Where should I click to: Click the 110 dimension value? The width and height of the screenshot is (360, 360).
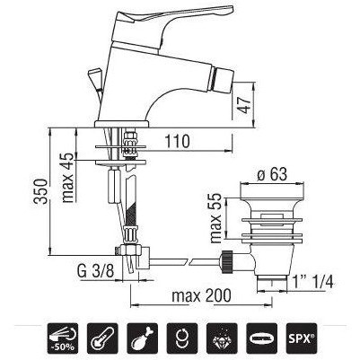coord(178,141)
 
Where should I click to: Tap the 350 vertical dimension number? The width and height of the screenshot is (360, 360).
coord(40,191)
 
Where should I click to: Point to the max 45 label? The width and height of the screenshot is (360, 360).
coord(68,178)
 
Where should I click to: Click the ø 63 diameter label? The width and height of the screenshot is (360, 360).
coord(272,174)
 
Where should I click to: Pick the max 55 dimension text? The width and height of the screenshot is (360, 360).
coord(215,218)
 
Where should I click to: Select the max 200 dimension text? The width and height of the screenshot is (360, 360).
coord(201,295)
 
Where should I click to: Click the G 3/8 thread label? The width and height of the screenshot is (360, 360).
coord(96,271)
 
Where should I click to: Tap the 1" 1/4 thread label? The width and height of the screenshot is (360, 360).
coord(312,282)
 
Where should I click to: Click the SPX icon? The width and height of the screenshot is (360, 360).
coord(301,338)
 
